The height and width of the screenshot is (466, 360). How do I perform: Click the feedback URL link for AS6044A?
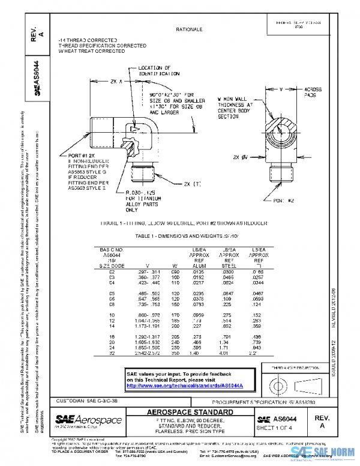190,386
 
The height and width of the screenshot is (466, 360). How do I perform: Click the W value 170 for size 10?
175,315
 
